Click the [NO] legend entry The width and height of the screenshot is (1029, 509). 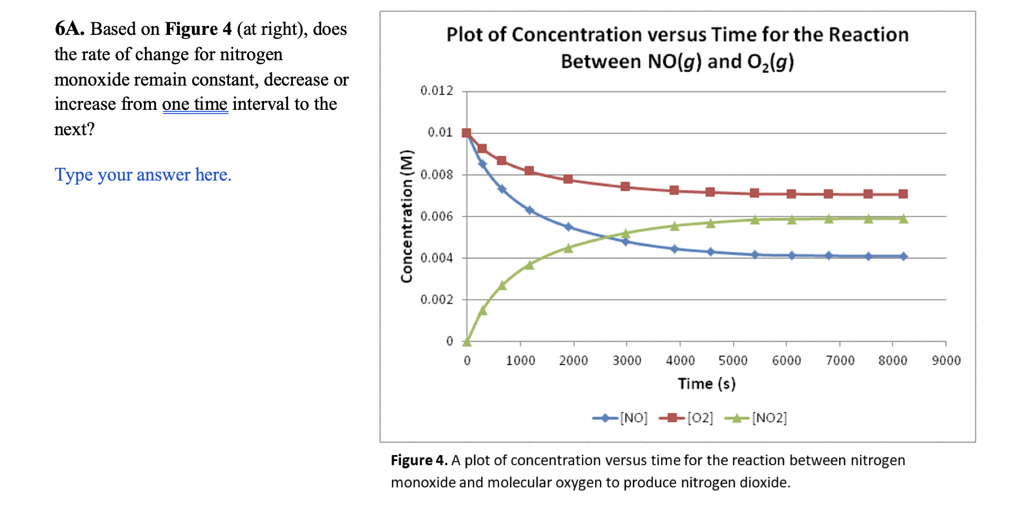[x=621, y=418]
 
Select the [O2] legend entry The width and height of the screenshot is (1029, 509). [x=687, y=418]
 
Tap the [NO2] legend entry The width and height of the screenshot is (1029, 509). [x=756, y=418]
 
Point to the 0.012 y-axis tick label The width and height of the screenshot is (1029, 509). [x=436, y=91]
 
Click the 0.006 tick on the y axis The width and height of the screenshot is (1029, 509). [x=436, y=216]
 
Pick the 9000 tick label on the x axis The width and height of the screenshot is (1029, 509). [x=946, y=361]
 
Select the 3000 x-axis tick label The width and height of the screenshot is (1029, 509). [x=626, y=361]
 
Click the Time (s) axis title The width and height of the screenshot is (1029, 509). [x=706, y=384]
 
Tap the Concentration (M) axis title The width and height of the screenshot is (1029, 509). [x=406, y=216]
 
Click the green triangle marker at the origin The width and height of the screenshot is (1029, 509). [x=466, y=342]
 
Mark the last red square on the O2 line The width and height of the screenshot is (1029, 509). [x=903, y=194]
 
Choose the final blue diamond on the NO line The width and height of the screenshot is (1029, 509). [x=903, y=257]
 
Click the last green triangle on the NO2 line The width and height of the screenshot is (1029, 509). [x=903, y=219]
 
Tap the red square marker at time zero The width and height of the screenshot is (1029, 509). [x=466, y=133]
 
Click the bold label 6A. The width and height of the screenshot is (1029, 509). [x=70, y=29]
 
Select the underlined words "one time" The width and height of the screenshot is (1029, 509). [x=195, y=104]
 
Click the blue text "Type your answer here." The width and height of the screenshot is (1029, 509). [x=143, y=175]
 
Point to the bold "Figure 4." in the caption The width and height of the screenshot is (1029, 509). [x=419, y=460]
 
